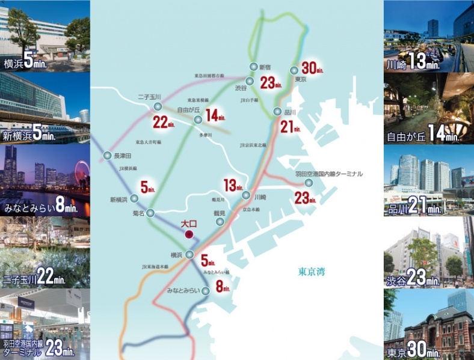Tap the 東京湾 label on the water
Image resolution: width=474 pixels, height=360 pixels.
tap(312, 272)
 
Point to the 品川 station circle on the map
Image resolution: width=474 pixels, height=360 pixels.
tap(277, 111)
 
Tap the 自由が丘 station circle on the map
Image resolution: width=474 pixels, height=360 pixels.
tap(198, 120)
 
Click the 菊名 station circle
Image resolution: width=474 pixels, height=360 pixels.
tap(150, 213)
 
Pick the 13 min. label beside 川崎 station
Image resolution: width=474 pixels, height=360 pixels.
tap(233, 185)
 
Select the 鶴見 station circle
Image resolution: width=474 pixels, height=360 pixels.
tap(218, 222)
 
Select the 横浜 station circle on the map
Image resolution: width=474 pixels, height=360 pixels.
tap(189, 254)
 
